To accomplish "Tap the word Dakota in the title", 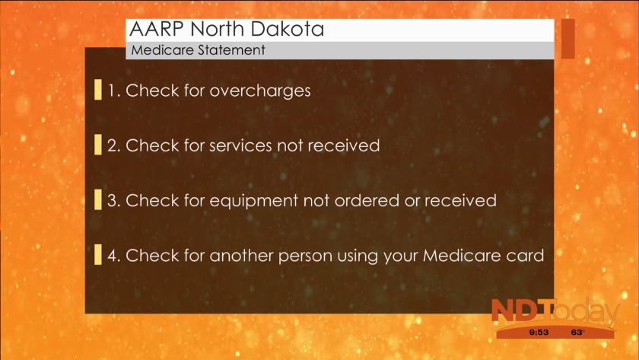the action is point(288,29).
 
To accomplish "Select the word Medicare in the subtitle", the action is point(163,50).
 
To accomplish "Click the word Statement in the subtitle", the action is point(232,50).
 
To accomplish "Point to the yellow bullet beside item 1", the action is point(98,90).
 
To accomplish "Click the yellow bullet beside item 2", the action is point(98,145).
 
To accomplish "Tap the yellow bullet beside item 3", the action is point(98,199).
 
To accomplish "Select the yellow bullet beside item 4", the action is point(98,255).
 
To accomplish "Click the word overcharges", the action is point(260,91).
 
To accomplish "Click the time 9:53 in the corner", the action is point(539,333).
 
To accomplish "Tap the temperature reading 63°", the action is point(578,333).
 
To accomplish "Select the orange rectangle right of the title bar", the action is point(568,39).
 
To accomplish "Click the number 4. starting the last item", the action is point(114,256).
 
